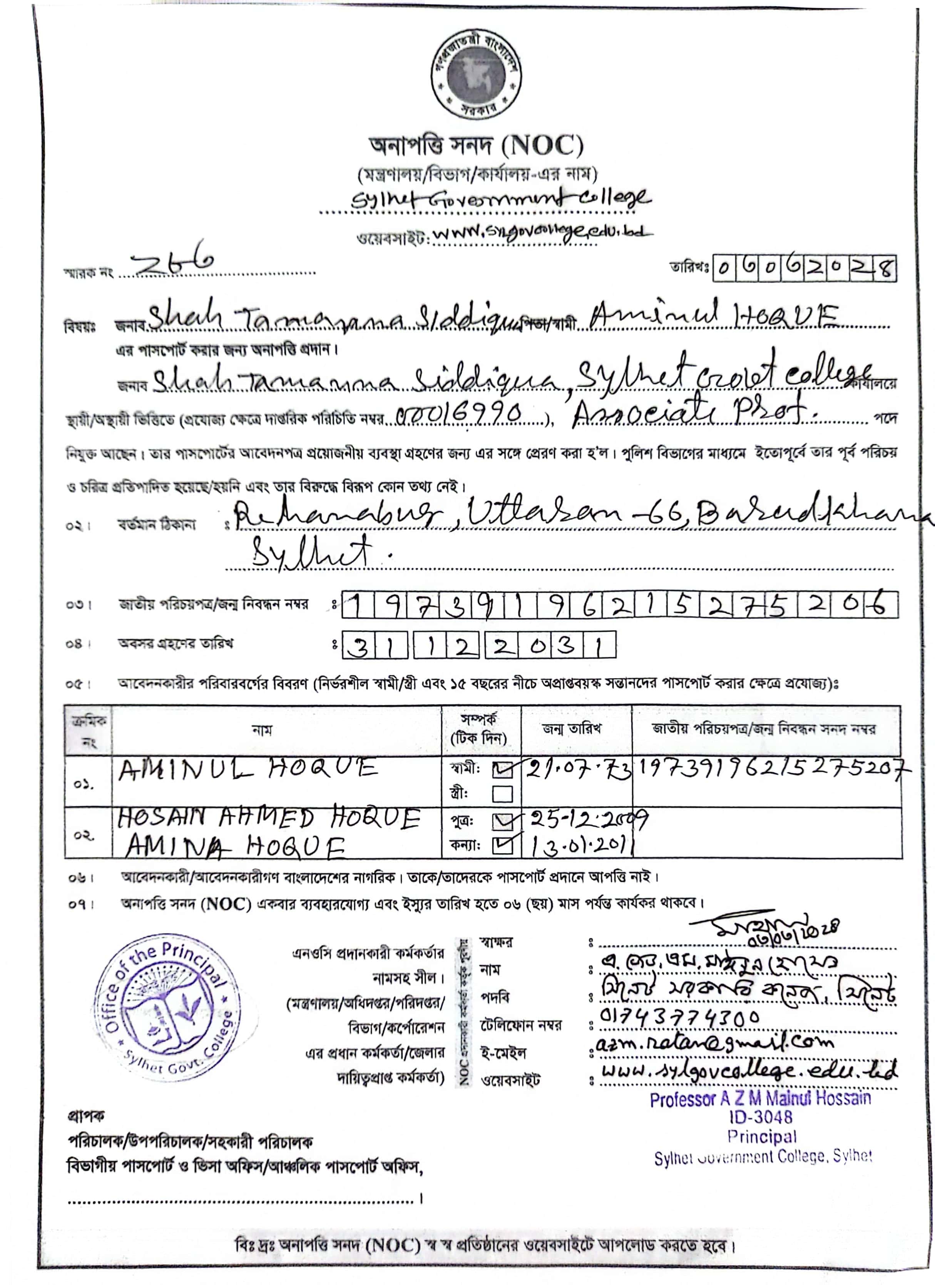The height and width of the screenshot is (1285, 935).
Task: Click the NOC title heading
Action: (x=476, y=146)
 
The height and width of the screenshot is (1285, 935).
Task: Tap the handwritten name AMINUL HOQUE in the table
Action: (x=248, y=769)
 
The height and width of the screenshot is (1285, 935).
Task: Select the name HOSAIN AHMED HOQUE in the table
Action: (x=269, y=818)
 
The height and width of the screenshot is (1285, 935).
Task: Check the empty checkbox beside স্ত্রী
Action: (x=502, y=794)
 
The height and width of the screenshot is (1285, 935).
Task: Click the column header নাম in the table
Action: (x=262, y=730)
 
